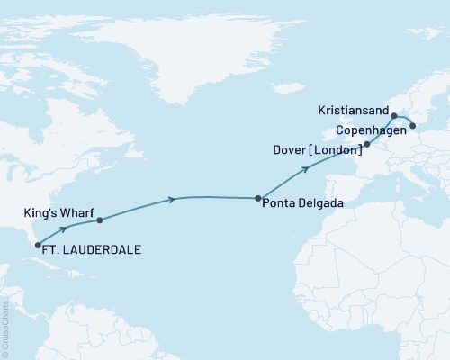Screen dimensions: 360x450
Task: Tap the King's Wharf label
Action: [58, 214]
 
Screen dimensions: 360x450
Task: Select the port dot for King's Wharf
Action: [99, 220]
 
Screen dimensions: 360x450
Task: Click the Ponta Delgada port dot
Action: [258, 198]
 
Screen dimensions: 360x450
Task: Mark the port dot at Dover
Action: [366, 144]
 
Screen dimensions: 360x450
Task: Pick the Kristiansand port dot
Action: [393, 116]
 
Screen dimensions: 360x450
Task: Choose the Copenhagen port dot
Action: [412, 126]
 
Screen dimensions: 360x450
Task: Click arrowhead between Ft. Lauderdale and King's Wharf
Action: [65, 229]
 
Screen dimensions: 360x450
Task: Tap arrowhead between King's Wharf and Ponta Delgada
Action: [172, 199]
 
